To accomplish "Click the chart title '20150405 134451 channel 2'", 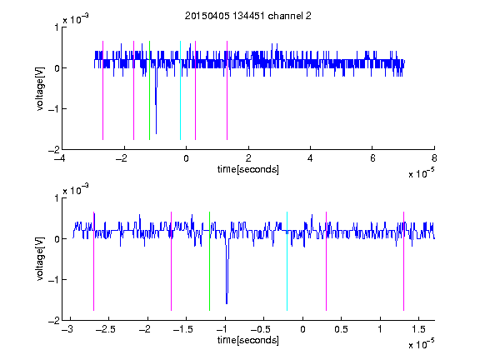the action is (248, 16).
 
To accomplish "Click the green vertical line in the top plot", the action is (149, 90).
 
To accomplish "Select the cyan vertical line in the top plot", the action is (180, 90).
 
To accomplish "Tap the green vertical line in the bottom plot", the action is (209, 261).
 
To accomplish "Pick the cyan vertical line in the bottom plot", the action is (287, 261).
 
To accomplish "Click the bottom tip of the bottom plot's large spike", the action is (227, 303).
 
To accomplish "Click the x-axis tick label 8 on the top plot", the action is (434, 158).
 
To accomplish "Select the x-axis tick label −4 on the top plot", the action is (60, 158).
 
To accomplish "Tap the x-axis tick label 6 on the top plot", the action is (372, 158).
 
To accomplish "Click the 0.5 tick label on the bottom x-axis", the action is (341, 329).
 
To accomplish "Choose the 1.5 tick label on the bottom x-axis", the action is (418, 329).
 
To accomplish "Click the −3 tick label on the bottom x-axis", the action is (67, 329).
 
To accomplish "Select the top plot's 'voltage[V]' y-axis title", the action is (40, 89).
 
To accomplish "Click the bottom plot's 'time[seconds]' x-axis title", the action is (248, 340).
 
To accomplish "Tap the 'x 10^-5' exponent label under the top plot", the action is (421, 173).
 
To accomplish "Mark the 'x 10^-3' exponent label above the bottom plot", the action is (76, 190).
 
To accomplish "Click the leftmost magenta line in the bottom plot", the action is (93, 261).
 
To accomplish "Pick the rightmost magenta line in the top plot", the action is (227, 90).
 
